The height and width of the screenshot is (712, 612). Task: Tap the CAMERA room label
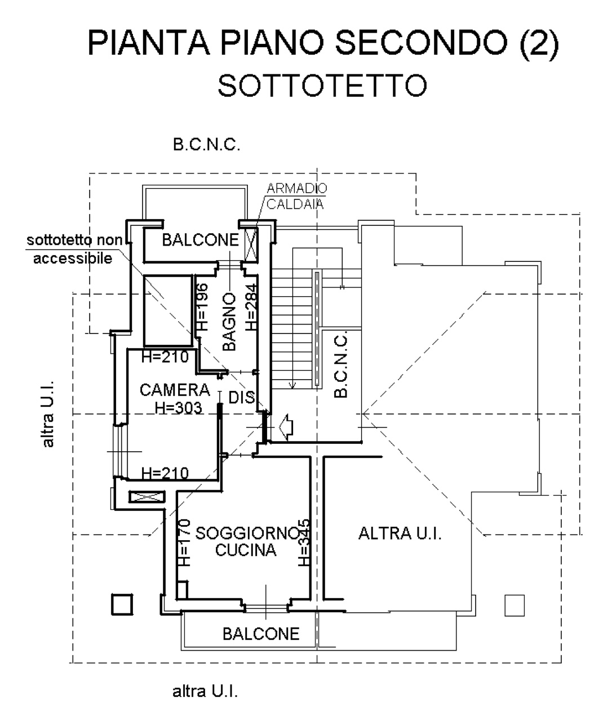(175, 389)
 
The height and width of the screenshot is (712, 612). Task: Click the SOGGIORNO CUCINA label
(246, 541)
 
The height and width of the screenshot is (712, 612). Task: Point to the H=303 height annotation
(178, 408)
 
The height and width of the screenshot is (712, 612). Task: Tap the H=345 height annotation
(304, 542)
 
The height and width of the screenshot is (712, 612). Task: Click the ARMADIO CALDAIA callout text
(296, 195)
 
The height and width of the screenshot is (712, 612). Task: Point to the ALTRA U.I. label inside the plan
(400, 533)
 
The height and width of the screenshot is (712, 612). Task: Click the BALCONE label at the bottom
(261, 634)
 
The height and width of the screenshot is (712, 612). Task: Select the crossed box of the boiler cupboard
(251, 244)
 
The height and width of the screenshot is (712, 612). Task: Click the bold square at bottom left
(121, 604)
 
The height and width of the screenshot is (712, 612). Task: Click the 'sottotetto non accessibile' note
(73, 249)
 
